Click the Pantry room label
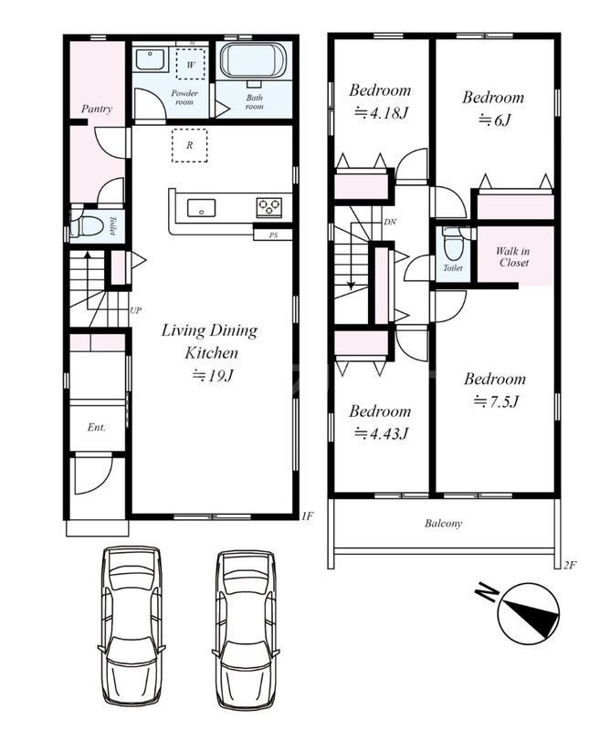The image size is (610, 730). coord(97,109)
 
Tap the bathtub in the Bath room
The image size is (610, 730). coord(254,60)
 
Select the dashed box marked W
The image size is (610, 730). coord(190,64)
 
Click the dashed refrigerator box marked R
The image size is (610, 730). coord(189,145)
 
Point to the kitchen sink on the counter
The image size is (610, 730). coord(201,208)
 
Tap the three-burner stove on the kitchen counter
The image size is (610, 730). coord(269,206)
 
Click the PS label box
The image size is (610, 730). coord(273,235)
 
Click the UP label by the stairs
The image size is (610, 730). coord(135,310)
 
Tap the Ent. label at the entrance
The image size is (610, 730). coord(97,427)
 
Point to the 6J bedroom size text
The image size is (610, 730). coord(494,120)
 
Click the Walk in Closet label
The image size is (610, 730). coord(513,257)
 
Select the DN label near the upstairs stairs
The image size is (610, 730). coord(390,222)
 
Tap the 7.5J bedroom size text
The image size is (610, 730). coord(495,401)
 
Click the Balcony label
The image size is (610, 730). coord(443,523)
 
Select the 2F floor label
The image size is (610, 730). coord(571,565)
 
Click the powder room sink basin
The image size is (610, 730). coord(150,59)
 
